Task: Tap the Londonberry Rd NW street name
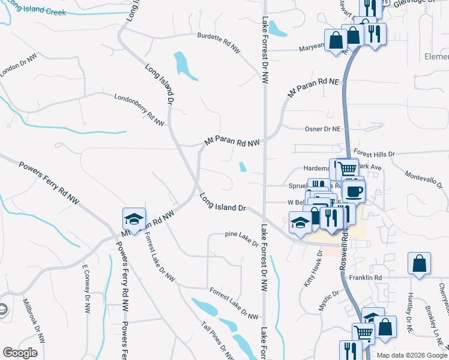pyautogui.click(x=140, y=109)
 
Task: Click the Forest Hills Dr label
pyautogui.click(x=373, y=154)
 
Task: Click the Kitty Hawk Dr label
pyautogui.click(x=313, y=269)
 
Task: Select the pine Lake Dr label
pyautogui.click(x=241, y=239)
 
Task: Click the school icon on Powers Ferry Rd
pyautogui.click(x=134, y=219)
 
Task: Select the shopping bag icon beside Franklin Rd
pyautogui.click(x=419, y=263)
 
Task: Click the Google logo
pyautogui.click(x=20, y=353)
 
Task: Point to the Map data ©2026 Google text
pyautogui.click(x=411, y=355)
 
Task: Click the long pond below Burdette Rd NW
pyautogui.click(x=185, y=66)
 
